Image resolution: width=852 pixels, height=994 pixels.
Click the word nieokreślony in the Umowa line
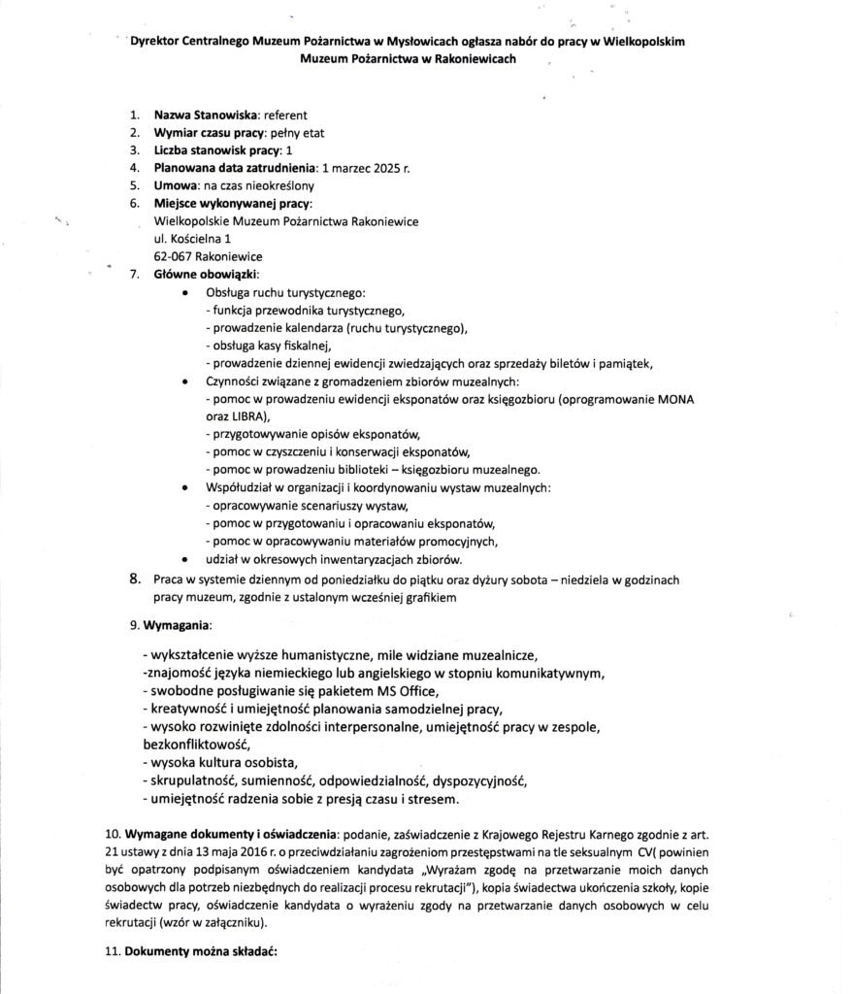click(281, 185)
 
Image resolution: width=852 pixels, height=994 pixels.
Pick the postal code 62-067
click(173, 256)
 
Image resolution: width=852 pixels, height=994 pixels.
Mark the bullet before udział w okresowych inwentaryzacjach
click(185, 559)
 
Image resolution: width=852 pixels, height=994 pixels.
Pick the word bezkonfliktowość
click(189, 744)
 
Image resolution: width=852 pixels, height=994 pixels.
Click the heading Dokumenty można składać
click(200, 952)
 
